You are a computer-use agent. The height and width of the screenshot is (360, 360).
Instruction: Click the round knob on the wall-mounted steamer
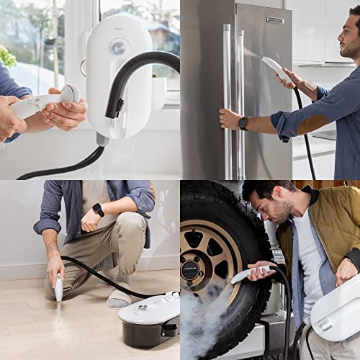119,47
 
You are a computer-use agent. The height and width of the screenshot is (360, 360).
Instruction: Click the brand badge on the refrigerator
275,19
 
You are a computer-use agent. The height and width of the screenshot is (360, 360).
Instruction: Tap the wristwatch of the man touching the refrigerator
243,123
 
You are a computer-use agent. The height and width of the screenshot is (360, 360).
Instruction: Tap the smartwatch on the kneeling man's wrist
98,210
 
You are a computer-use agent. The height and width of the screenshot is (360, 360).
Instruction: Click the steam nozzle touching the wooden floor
58,288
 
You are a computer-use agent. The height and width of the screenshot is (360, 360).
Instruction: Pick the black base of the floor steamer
148,335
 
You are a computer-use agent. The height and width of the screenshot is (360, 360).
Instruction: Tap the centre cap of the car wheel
191,270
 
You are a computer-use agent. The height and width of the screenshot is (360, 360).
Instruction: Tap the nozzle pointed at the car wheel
248,274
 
